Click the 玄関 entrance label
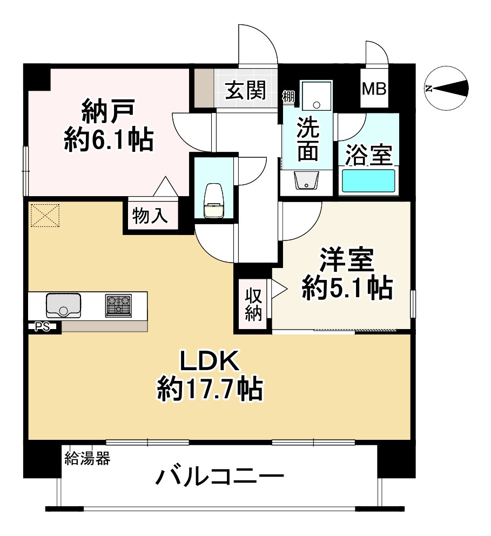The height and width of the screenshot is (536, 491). point(245,91)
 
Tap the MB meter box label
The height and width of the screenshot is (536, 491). point(374,89)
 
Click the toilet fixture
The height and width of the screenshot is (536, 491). point(214,201)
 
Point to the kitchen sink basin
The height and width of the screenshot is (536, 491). point(63,305)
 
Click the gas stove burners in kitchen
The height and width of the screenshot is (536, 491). point(118,305)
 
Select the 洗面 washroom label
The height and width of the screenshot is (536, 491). point(308,139)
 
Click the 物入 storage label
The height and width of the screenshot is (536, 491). point(151,216)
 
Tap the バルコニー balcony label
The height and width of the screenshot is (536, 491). point(220,477)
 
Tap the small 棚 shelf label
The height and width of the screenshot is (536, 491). point(288,97)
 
